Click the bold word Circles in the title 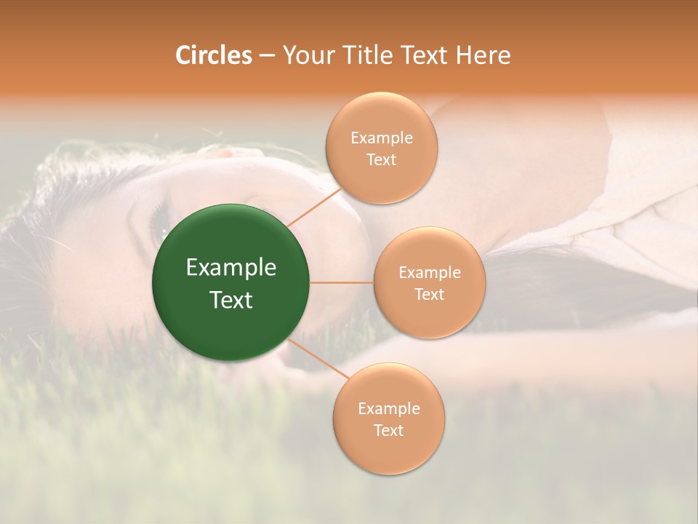[x=213, y=55]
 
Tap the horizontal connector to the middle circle [x=342, y=282]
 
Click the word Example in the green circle [x=231, y=268]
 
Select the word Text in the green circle [x=231, y=300]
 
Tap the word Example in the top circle [x=381, y=138]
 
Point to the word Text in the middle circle [x=430, y=294]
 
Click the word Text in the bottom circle [x=388, y=430]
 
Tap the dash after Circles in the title [x=266, y=55]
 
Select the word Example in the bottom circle [x=388, y=408]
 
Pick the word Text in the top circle [x=381, y=159]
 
